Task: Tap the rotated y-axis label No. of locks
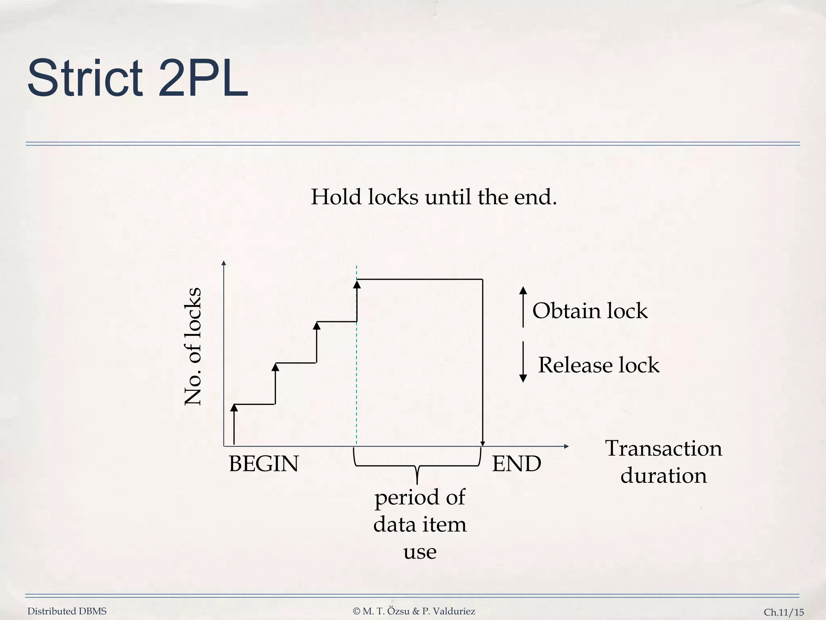pyautogui.click(x=192, y=346)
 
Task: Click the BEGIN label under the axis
pyautogui.click(x=263, y=463)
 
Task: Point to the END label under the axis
pyautogui.click(x=516, y=463)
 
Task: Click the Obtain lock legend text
pyautogui.click(x=590, y=311)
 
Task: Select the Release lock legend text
pyautogui.click(x=599, y=365)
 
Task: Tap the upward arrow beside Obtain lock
pyautogui.click(x=523, y=307)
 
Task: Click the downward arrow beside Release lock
pyautogui.click(x=523, y=362)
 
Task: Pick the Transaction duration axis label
pyautogui.click(x=663, y=462)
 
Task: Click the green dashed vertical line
pyautogui.click(x=357, y=383)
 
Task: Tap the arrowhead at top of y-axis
pyautogui.click(x=224, y=263)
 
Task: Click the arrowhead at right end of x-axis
pyautogui.click(x=566, y=446)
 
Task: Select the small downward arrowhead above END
pyautogui.click(x=483, y=444)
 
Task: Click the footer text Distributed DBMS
pyautogui.click(x=67, y=611)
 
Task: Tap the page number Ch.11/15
pyautogui.click(x=784, y=612)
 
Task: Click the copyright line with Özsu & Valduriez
pyautogui.click(x=414, y=611)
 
